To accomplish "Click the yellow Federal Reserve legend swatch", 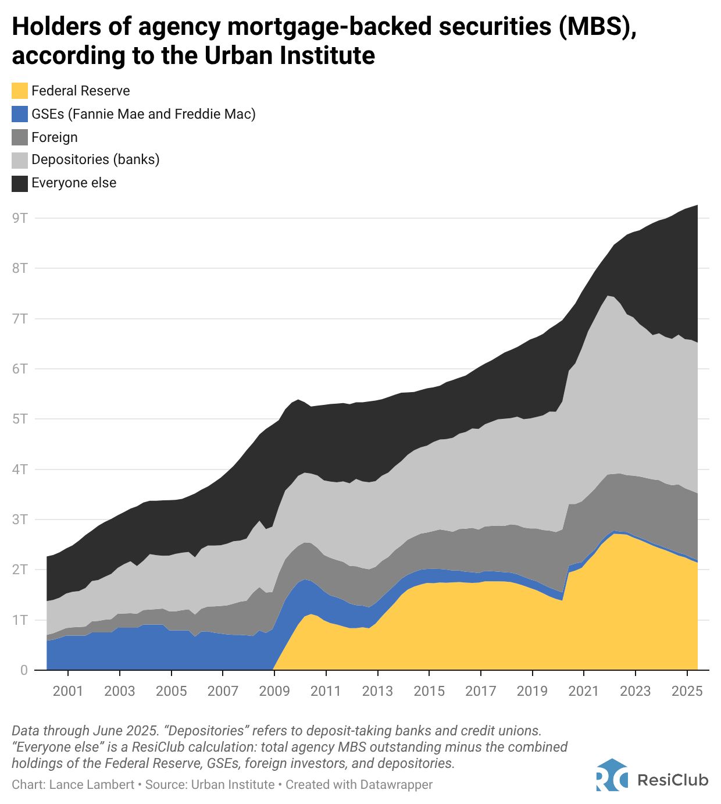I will point(20,91).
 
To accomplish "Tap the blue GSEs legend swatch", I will point(20,114).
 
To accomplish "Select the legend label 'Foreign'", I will point(54,137).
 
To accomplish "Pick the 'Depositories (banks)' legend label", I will point(95,159).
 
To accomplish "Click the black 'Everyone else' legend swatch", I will point(20,183).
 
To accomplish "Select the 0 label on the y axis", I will point(24,670).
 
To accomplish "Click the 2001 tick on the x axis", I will point(68,691).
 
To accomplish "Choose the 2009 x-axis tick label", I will point(274,691).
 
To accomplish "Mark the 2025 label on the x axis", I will point(687,691).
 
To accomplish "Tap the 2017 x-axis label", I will point(480,691).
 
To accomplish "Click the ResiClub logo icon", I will point(612,775).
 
